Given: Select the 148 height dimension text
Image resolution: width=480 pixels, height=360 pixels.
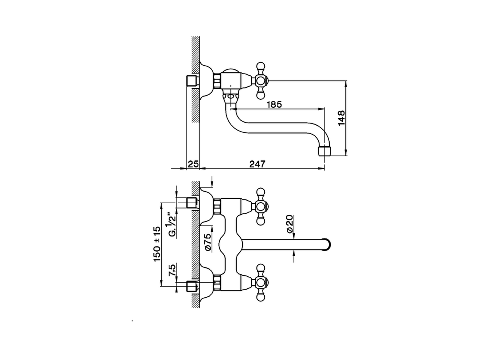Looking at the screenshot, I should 342,118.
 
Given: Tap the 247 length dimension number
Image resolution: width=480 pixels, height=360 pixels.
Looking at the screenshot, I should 258,164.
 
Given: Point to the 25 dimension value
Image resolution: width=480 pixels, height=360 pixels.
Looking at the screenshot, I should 193,164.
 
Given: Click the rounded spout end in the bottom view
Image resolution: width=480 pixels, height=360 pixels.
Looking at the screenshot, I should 327,244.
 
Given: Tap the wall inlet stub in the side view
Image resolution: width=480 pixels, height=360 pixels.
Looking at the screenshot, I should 192,81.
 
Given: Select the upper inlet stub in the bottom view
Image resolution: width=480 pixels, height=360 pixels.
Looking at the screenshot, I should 192,202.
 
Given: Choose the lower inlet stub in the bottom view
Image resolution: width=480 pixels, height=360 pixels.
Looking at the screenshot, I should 192,286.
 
